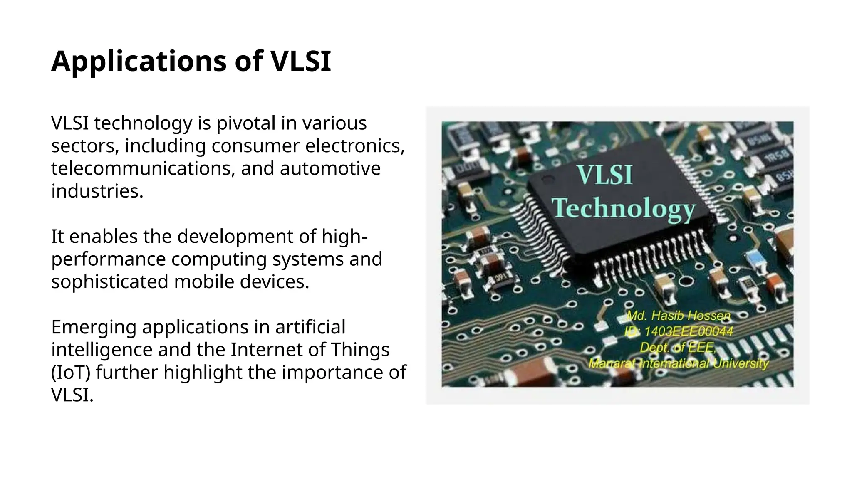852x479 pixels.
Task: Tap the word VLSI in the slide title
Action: pyautogui.click(x=300, y=62)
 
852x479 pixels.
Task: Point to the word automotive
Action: pyautogui.click(x=330, y=169)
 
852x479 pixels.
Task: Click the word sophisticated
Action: pyautogui.click(x=110, y=282)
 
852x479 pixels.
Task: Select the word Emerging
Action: pyautogui.click(x=94, y=327)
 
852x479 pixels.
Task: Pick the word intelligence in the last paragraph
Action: pyautogui.click(x=102, y=350)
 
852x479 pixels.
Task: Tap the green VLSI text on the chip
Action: pyautogui.click(x=604, y=175)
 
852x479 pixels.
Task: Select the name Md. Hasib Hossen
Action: pyautogui.click(x=678, y=316)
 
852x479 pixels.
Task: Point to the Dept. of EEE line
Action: pyautogui.click(x=678, y=347)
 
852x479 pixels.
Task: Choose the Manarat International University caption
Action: pyautogui.click(x=678, y=363)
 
